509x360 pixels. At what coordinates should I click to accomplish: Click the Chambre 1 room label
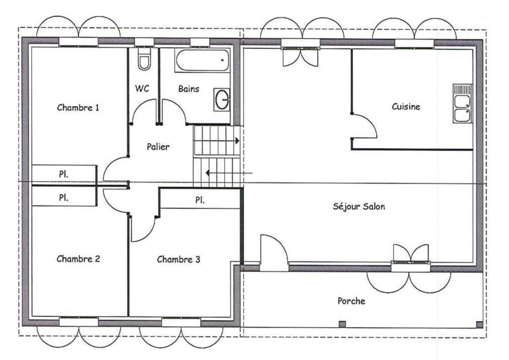pos(78,107)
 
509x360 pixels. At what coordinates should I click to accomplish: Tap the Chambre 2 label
pos(78,259)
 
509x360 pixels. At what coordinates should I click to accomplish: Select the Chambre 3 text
pos(178,260)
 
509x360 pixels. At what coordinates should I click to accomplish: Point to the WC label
pos(142,89)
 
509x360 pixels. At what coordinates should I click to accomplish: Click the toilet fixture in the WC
pos(144,59)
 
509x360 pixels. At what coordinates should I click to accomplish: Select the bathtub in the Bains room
pos(202,60)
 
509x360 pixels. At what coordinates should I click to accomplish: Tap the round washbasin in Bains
pos(222,99)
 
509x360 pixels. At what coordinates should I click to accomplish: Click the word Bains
pos(188,89)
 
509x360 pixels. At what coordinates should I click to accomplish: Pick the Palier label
pos(158,147)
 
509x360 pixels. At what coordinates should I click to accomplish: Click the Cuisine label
pos(406,106)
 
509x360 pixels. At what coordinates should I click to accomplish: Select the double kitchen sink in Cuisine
pos(463,103)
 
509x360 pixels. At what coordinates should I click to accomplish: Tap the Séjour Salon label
pos(359,206)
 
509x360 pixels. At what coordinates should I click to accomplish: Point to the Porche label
pos(351,301)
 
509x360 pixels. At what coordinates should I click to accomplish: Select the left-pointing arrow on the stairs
pos(229,173)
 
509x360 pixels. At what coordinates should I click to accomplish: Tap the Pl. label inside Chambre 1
pos(64,174)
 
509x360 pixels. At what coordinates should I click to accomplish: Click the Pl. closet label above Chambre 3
pos(200,200)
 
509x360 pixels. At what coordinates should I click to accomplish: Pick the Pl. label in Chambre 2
pos(64,197)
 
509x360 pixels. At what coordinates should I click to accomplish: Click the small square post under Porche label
pos(342,324)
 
